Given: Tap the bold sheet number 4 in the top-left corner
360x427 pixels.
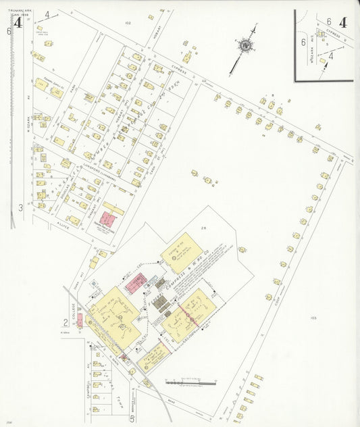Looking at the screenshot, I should click(18, 23).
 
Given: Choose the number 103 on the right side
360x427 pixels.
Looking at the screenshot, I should click(313, 318).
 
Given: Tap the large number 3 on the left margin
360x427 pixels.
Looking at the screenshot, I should click(20, 207).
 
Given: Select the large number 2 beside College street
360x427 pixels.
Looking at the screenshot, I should click(66, 322).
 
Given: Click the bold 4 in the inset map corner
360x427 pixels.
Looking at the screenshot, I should click(343, 22).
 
